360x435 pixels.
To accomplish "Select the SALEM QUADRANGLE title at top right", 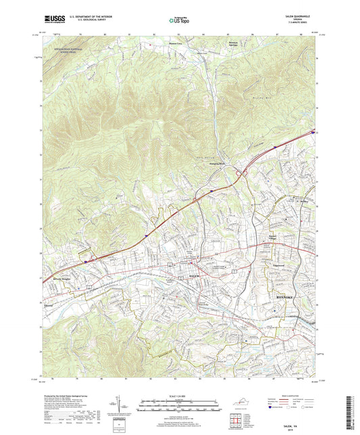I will pyautogui.click(x=302, y=15).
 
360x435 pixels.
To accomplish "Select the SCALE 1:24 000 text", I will pyautogui.click(x=179, y=395).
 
